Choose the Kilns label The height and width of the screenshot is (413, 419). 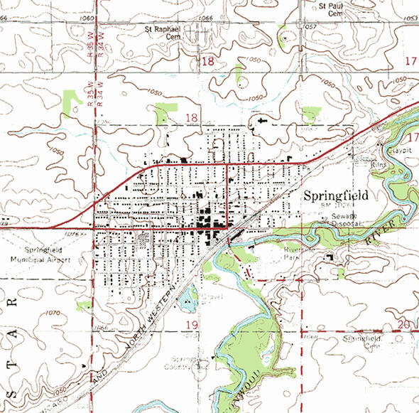(379, 164)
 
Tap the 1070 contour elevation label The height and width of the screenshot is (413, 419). (51, 312)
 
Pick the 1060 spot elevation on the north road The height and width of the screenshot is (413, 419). (88, 16)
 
